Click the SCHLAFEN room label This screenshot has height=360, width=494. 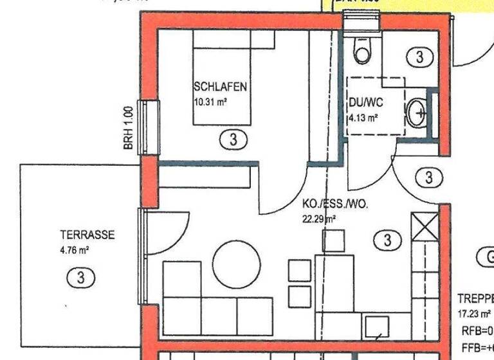220,86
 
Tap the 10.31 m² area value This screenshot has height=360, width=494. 212,102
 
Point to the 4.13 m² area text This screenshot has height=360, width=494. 363,118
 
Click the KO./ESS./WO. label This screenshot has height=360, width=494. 334,204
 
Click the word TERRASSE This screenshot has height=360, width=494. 87,235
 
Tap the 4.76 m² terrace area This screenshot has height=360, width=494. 74,251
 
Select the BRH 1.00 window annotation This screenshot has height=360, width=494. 128,128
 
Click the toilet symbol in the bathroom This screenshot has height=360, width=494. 362,51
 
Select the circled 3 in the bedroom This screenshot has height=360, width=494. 233,138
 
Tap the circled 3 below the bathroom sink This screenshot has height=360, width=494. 428,176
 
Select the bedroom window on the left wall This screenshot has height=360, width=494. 149,127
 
